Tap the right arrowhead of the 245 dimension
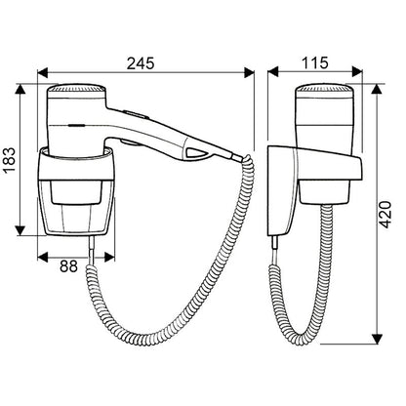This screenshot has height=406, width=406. pos(249,72)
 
